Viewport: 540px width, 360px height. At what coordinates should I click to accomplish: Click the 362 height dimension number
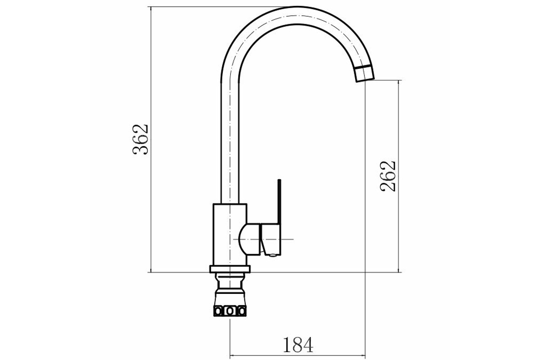tap(140, 139)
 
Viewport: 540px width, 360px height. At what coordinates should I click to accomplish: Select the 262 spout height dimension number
tap(388, 176)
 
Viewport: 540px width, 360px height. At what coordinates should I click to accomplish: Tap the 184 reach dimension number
tap(298, 345)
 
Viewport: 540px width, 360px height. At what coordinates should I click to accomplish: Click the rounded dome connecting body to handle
tap(249, 239)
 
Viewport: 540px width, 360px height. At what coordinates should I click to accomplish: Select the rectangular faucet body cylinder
tap(230, 234)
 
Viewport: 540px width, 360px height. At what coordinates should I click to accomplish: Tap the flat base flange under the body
tap(230, 269)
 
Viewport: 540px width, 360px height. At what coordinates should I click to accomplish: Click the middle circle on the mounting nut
tap(230, 311)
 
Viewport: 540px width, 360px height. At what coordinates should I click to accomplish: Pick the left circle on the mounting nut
tap(218, 311)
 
